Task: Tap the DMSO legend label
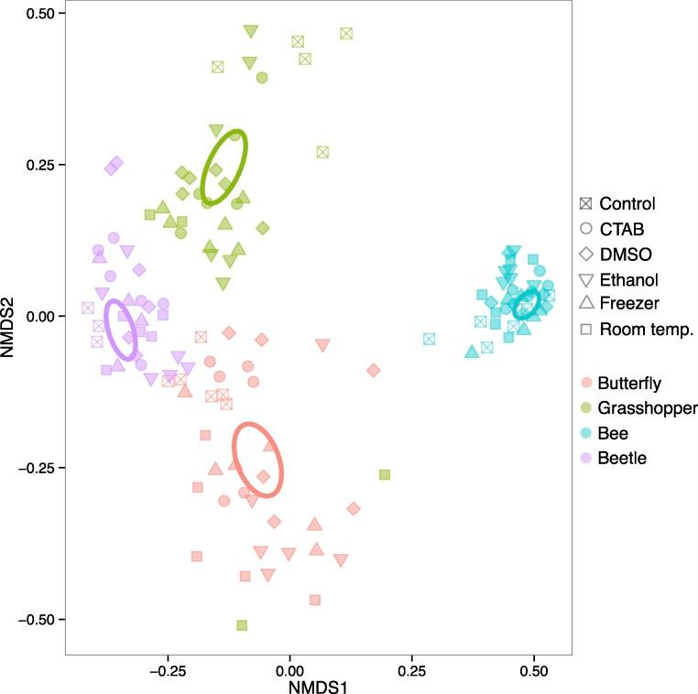pyautogui.click(x=627, y=254)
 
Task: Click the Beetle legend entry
pyautogui.click(x=623, y=458)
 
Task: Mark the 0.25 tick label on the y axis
pyautogui.click(x=41, y=165)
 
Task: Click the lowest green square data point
pyautogui.click(x=242, y=625)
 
